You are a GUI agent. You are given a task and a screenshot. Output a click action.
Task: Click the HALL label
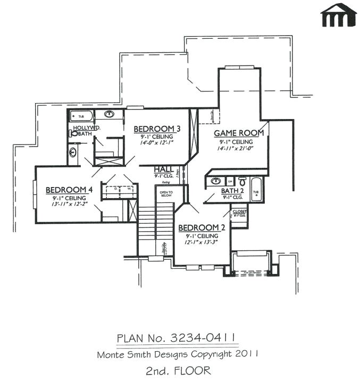pos(162,169)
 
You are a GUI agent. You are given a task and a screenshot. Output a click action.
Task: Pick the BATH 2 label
pos(232,191)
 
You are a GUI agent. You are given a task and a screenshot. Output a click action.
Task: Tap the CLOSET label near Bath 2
pos(239,211)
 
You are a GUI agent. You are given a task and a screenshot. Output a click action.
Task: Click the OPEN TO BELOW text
pos(166,193)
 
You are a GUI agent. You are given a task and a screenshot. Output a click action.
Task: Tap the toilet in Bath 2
pos(242,181)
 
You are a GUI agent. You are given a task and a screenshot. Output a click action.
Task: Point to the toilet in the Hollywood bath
pos(73,134)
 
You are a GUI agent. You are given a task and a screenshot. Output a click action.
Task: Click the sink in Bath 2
pos(215,181)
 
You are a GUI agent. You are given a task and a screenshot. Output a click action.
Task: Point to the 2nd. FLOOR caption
pos(179,370)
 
